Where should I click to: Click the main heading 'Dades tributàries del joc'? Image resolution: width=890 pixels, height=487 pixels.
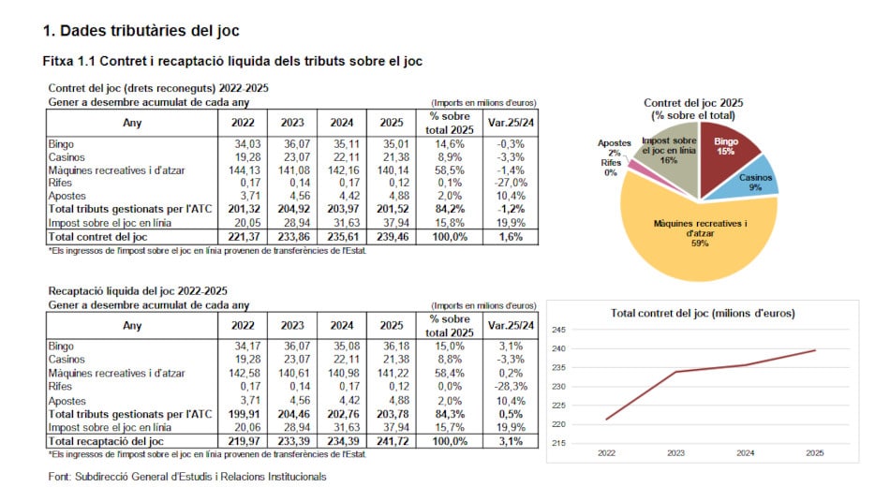(x=141, y=31)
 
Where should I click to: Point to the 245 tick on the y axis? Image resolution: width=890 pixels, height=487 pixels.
(x=557, y=330)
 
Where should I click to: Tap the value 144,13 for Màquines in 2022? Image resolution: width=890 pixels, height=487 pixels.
(x=245, y=170)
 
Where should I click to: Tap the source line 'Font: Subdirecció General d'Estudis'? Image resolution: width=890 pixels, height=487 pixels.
(x=186, y=477)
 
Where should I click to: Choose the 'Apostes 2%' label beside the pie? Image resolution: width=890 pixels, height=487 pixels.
(x=614, y=147)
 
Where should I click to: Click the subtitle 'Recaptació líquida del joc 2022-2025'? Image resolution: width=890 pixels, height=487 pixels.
(x=138, y=291)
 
